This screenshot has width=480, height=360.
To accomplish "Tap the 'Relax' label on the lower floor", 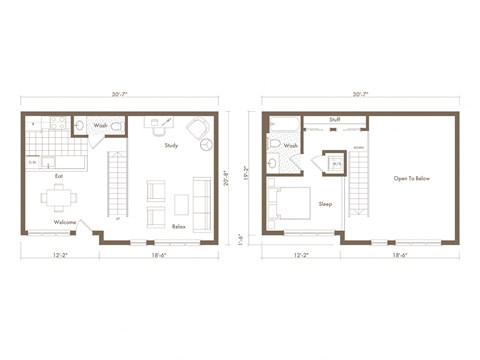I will coord(178,226).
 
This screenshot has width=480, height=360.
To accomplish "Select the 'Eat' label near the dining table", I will coord(59,176).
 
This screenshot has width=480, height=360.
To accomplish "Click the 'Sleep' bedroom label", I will coord(325,203).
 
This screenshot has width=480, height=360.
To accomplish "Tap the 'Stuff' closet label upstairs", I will coord(333,119).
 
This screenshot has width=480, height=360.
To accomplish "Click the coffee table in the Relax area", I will coord(181,204).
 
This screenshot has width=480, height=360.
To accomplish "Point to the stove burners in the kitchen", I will coord(57,125).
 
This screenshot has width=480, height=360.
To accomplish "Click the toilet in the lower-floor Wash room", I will coord(116,127).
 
